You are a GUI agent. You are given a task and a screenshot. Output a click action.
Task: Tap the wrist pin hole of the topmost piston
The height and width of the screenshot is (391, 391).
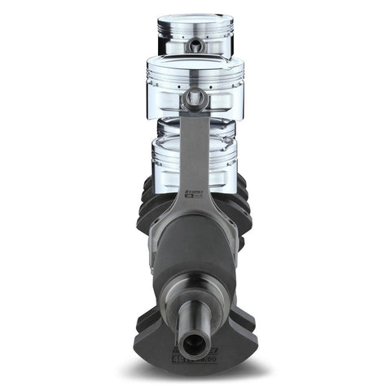click(195, 48)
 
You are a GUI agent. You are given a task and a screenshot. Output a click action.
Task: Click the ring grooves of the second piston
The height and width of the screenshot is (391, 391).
click(195, 77)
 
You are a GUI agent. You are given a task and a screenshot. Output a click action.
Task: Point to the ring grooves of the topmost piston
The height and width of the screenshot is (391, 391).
click(195, 33)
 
